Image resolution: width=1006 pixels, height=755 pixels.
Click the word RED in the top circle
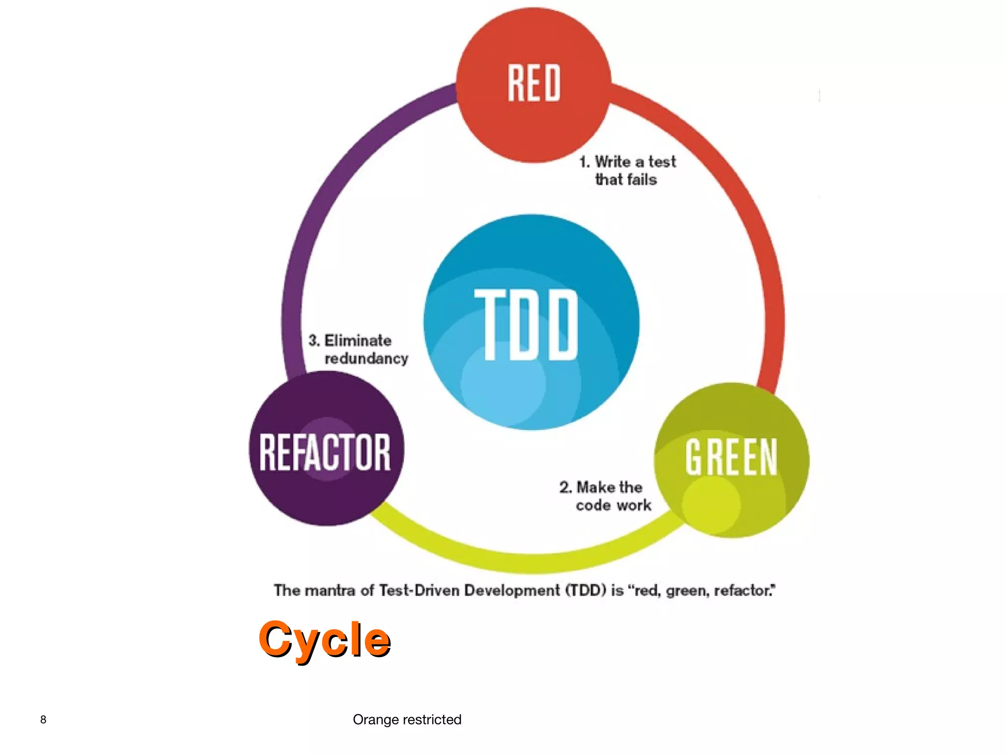(533, 83)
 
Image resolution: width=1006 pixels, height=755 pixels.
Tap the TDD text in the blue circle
(527, 324)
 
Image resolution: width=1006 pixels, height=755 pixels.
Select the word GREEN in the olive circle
(731, 458)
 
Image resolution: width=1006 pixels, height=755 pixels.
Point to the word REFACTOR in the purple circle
(325, 452)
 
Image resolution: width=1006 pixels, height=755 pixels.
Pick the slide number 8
(43, 720)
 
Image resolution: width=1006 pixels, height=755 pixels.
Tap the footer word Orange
(375, 720)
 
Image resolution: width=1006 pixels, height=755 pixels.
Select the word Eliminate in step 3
(358, 340)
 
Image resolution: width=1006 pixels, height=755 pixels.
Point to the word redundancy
(366, 358)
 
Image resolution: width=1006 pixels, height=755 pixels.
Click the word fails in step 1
(642, 179)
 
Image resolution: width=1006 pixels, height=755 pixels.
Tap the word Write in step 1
(613, 161)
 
